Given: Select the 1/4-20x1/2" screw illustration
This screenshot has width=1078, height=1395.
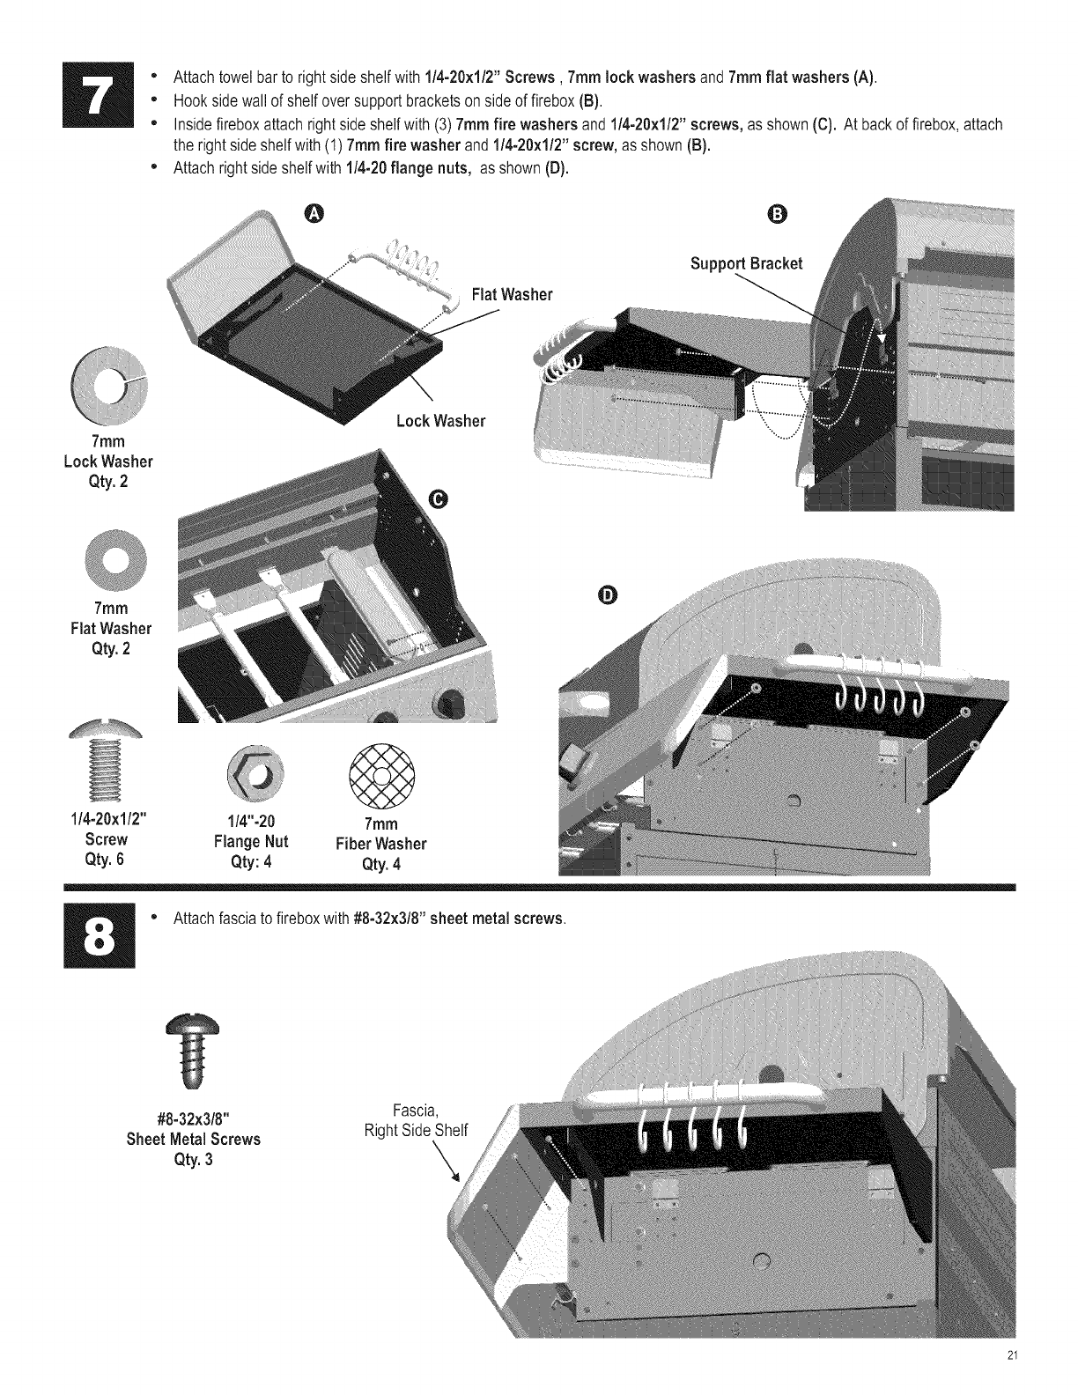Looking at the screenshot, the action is click(x=110, y=760).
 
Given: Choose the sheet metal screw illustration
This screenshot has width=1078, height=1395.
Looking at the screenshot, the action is click(x=193, y=1052).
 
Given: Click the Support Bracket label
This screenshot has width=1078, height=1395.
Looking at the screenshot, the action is click(x=747, y=264).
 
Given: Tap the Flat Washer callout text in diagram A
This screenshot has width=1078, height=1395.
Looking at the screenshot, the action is click(x=513, y=295).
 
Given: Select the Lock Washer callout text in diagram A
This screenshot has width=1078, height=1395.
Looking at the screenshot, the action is click(x=440, y=421).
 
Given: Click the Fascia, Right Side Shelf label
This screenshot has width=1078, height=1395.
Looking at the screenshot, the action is click(x=417, y=1119).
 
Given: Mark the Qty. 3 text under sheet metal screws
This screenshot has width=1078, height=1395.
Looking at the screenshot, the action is click(x=193, y=1159).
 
